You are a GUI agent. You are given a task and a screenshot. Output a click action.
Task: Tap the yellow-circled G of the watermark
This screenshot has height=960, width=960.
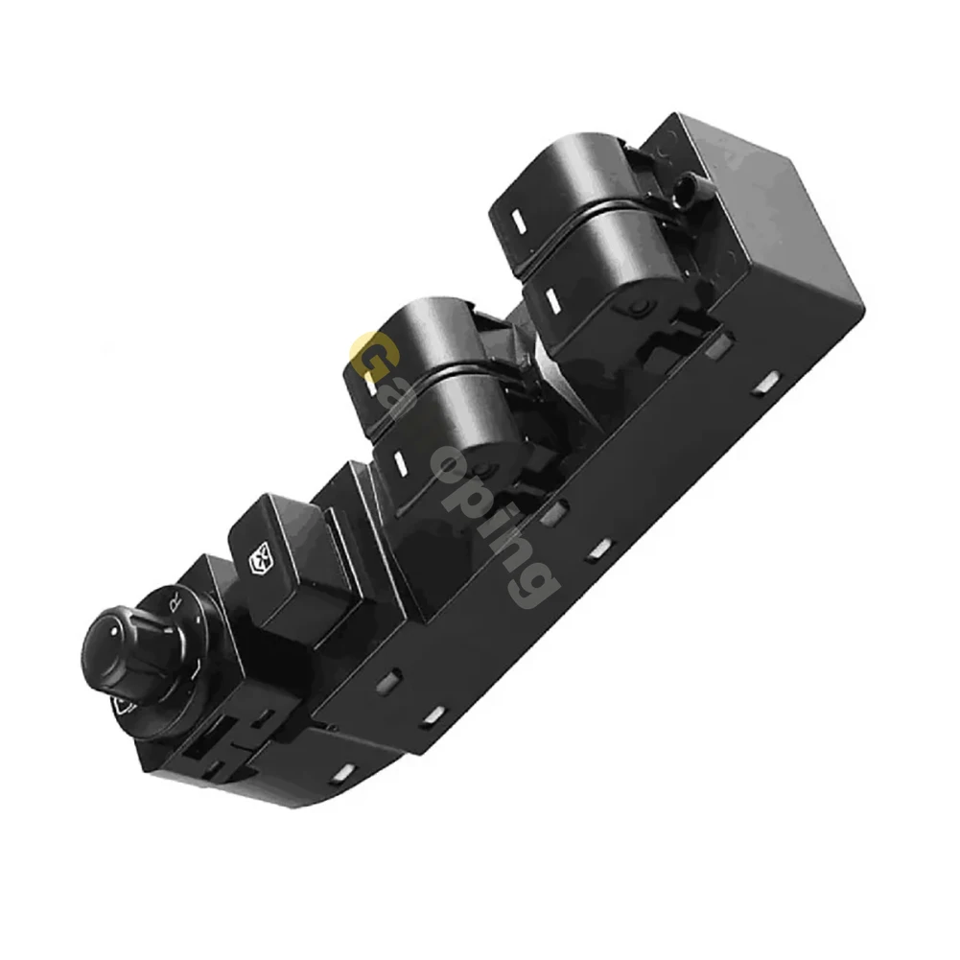[370, 356]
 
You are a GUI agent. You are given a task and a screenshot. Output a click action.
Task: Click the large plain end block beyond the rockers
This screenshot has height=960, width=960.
[758, 216]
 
